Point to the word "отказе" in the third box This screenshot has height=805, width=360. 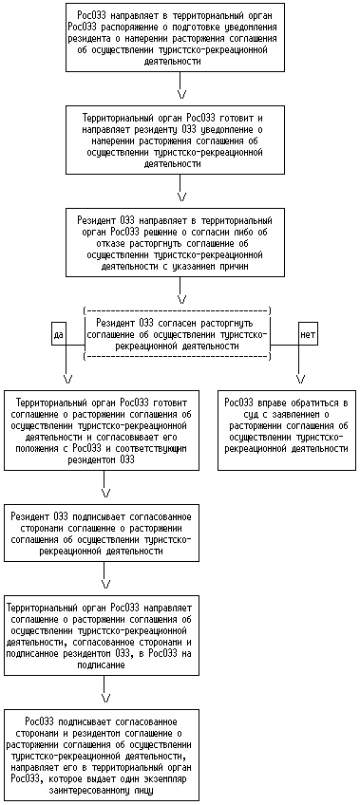pyautogui.click(x=103, y=243)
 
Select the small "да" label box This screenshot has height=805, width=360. pyautogui.click(x=59, y=334)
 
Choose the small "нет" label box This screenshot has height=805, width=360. pyautogui.click(x=308, y=334)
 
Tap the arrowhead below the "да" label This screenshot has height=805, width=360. pyautogui.click(x=67, y=380)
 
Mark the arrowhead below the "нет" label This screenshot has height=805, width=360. pyautogui.click(x=301, y=380)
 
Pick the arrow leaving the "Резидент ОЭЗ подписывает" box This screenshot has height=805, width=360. pyautogui.click(x=105, y=573)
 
